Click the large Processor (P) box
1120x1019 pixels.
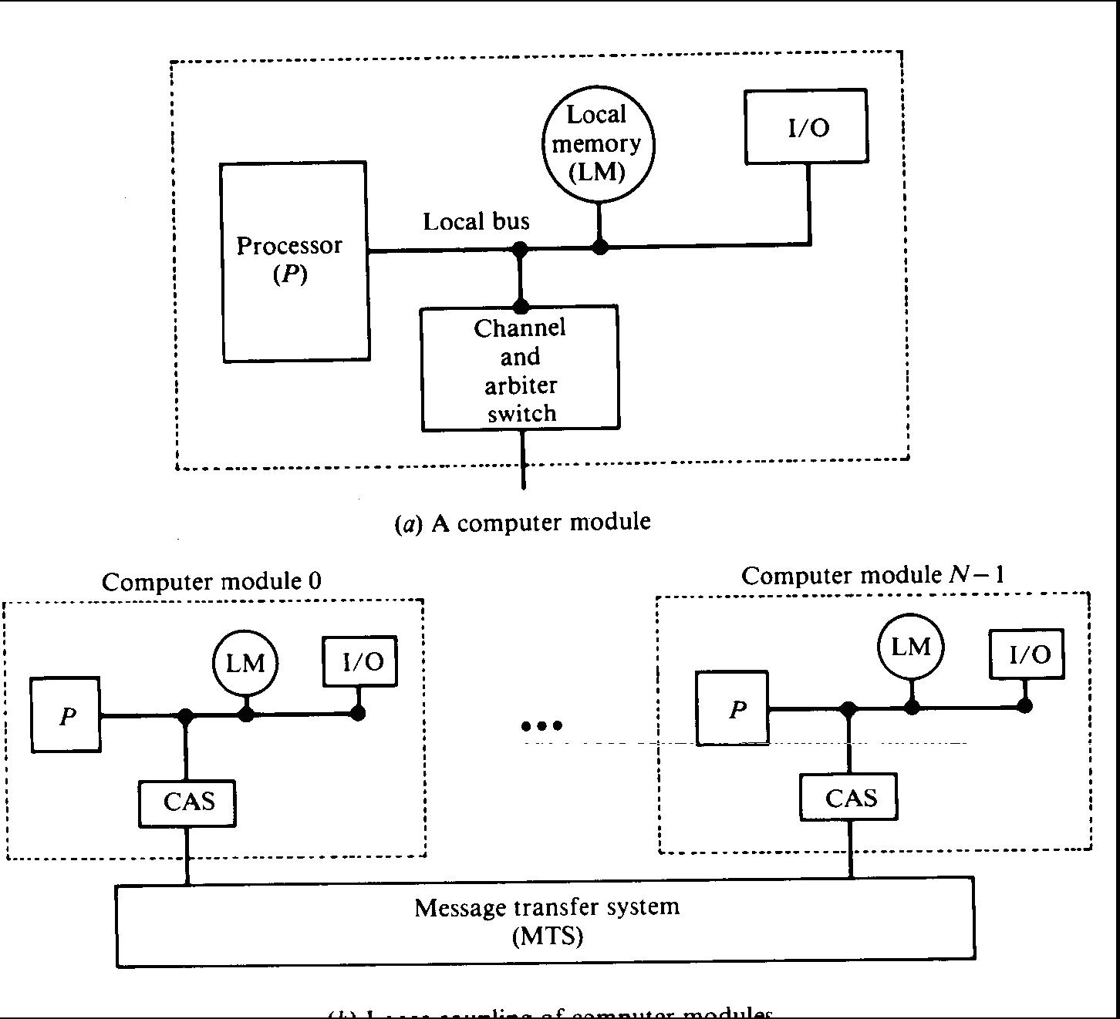point(294,261)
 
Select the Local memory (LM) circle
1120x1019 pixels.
point(597,144)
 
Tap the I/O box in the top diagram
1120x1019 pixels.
point(806,126)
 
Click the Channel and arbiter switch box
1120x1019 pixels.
point(520,369)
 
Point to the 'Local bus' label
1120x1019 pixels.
point(476,222)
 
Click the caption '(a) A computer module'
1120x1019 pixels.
point(523,523)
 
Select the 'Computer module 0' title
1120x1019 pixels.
point(211,581)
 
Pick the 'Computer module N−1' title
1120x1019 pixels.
point(872,575)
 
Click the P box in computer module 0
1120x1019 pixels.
point(66,716)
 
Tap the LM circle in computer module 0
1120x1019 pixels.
point(245,663)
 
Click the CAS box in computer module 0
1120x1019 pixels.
point(187,802)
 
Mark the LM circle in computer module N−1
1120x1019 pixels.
point(911,647)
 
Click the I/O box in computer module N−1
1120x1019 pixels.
point(1027,654)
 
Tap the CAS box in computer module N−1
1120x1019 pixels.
point(849,797)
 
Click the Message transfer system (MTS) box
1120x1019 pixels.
point(545,921)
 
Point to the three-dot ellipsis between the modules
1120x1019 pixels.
point(542,725)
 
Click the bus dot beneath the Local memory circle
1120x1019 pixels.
point(599,247)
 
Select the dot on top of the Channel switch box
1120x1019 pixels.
point(521,306)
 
